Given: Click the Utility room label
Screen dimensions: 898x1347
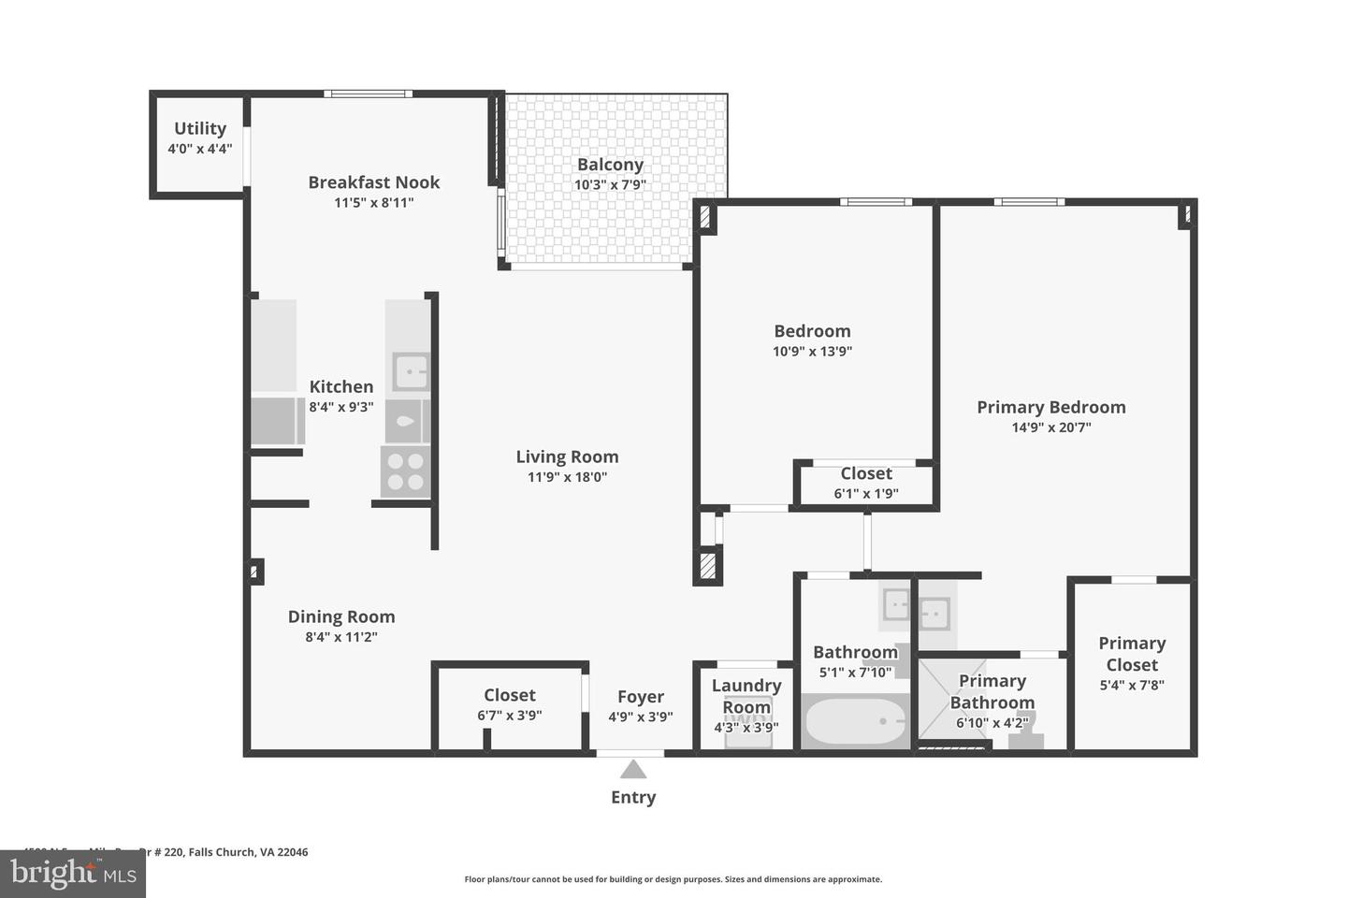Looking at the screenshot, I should click(200, 129).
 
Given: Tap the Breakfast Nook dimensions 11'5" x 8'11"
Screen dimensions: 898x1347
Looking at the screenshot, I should click(373, 203).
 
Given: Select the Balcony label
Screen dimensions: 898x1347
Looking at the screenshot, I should click(610, 165).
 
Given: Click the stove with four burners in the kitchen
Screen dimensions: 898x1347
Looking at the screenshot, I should click(405, 471).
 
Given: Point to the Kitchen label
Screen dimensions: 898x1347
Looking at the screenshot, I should click(341, 386).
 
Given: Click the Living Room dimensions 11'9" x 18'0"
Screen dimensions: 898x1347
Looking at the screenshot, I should click(567, 477).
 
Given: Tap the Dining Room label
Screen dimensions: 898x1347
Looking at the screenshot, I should click(341, 616).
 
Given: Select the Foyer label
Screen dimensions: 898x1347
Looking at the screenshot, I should click(641, 697).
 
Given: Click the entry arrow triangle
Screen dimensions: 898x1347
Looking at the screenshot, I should click(633, 770).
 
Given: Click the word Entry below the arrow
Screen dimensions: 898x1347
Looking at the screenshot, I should click(633, 797).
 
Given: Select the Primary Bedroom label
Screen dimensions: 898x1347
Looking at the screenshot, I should click(1050, 407).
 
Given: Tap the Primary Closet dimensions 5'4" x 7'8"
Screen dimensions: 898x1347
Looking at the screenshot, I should click(1132, 686).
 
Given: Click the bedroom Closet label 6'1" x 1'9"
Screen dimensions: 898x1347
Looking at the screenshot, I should click(866, 474).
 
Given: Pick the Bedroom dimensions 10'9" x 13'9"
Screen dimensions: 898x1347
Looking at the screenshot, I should click(812, 352).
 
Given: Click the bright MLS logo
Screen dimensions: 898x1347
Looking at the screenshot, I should click(72, 874).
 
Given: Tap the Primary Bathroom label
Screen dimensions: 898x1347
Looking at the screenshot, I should click(992, 692).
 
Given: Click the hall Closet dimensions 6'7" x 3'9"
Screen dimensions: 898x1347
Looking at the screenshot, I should click(510, 716).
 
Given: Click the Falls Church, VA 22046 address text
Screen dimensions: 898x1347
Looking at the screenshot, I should click(248, 852).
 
